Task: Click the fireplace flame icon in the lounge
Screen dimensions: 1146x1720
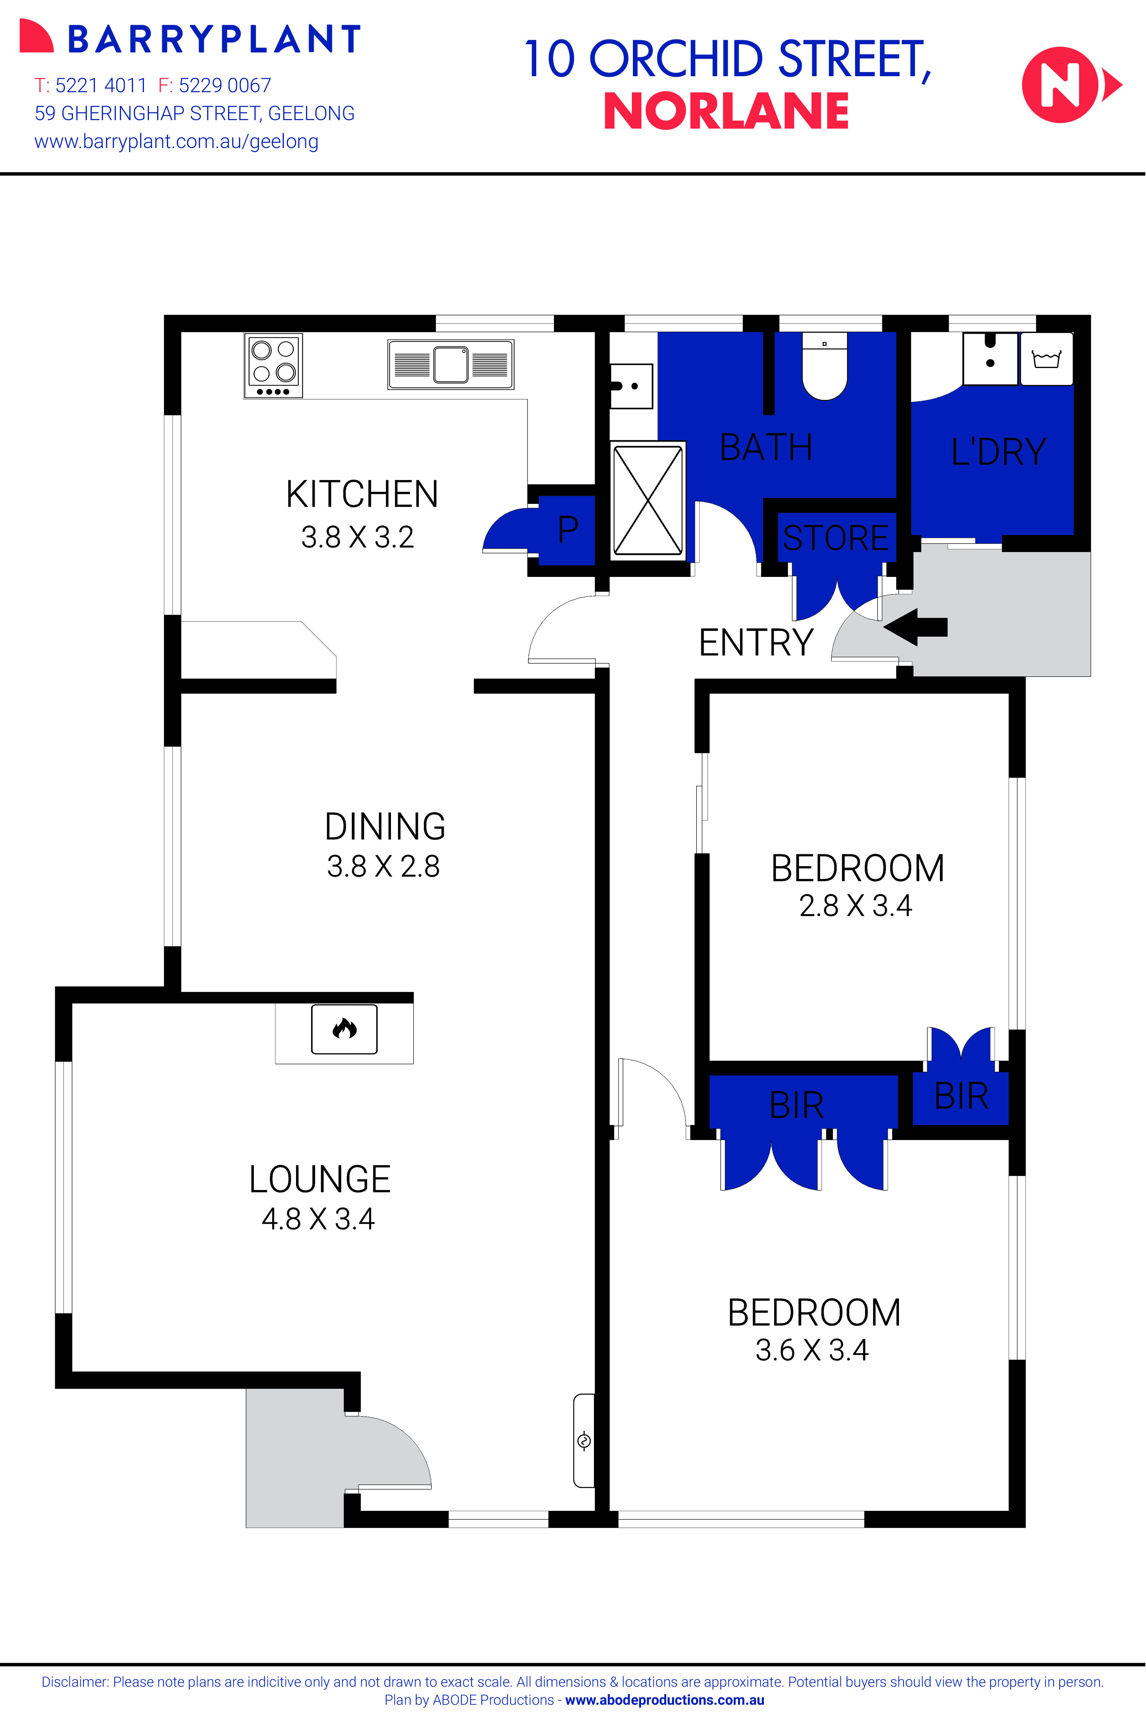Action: (x=344, y=1029)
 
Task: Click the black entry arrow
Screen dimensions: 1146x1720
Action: (x=915, y=627)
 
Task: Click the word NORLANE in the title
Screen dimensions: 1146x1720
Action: (x=726, y=111)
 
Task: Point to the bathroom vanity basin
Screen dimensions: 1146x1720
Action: (x=631, y=386)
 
